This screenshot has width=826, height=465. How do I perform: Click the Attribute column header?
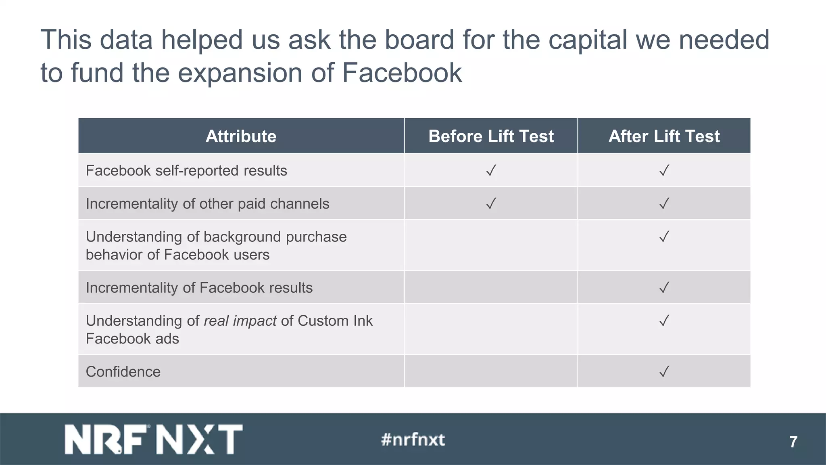pos(241,136)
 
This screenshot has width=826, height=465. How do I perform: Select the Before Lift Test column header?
pos(491,136)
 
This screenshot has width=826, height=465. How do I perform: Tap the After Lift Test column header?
pos(664,136)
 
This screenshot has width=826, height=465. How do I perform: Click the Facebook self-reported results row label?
pos(186,171)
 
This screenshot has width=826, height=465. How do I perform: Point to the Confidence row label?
pos(123,372)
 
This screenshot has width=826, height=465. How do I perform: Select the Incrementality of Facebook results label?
pos(199,288)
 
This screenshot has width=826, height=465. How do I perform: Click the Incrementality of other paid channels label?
pos(207,204)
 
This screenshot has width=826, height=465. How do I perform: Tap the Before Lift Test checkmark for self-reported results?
pos(491,170)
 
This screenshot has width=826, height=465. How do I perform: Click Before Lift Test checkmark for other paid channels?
pos(491,203)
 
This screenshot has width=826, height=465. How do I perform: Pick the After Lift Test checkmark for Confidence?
pos(664,371)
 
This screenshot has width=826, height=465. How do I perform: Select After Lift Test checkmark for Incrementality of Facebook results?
pos(664,287)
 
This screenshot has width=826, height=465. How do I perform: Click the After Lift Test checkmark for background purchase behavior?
pos(664,236)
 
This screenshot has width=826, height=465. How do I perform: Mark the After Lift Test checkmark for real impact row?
pos(664,320)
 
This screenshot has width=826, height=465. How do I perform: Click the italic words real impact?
pos(240,321)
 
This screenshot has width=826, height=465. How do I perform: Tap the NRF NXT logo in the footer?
pos(154,439)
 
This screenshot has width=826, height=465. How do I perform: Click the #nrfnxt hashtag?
pos(413,440)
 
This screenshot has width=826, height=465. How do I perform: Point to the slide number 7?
pos(793,442)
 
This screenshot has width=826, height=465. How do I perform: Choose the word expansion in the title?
pos(240,73)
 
